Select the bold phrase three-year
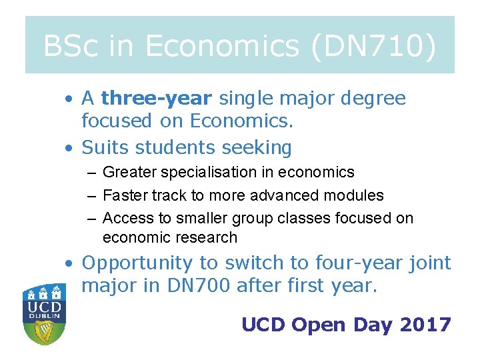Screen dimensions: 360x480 click(x=156, y=99)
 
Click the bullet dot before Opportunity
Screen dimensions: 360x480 click(x=69, y=264)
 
